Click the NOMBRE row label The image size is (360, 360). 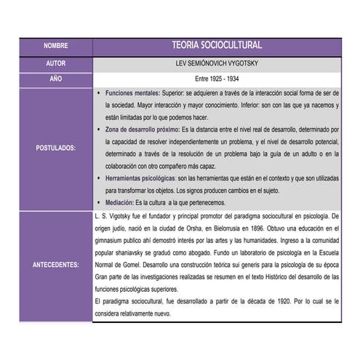click(x=55, y=45)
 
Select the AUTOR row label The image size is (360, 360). click(x=55, y=64)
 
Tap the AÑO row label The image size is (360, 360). click(x=55, y=77)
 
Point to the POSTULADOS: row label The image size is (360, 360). click(x=55, y=148)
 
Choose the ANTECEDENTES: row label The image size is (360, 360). click(x=55, y=265)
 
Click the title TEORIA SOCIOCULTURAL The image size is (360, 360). click(x=217, y=45)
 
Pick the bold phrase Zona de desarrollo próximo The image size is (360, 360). click(x=143, y=128)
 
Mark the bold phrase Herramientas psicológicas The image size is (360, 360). click(x=140, y=178)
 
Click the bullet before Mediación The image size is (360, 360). click(x=99, y=201)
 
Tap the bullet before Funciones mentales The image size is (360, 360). click(x=99, y=95)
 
